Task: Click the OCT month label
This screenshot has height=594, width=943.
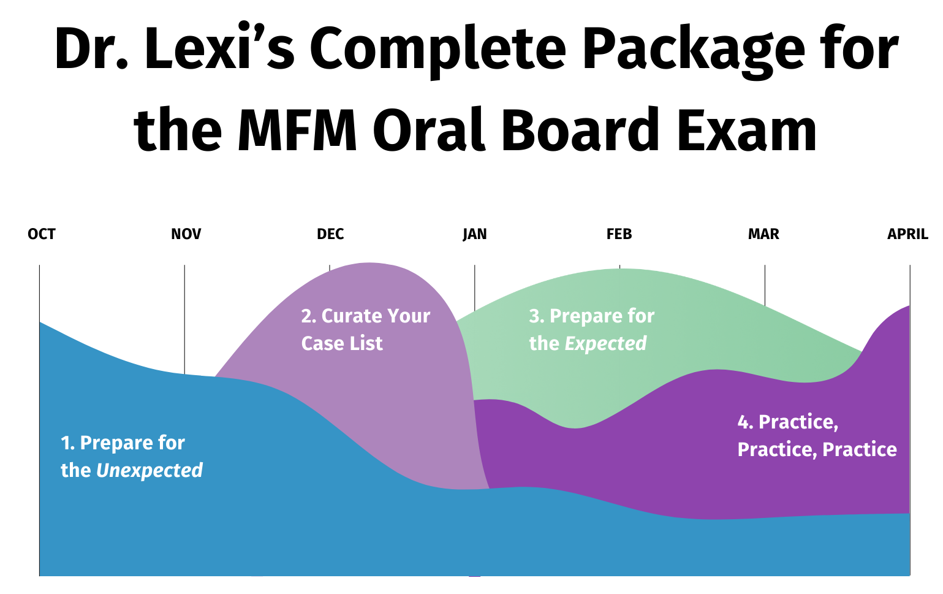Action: click(42, 234)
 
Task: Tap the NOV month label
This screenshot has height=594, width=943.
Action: click(186, 234)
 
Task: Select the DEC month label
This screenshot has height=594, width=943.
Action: click(330, 234)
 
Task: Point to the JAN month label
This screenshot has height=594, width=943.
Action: click(475, 234)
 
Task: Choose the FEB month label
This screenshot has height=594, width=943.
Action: click(619, 234)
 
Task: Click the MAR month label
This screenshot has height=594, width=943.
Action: click(763, 234)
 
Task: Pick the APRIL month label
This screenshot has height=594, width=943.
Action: click(907, 234)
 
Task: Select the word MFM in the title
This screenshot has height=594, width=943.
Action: click(298, 130)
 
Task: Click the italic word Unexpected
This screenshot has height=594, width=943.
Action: click(150, 470)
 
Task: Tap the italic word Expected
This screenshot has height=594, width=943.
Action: click(605, 344)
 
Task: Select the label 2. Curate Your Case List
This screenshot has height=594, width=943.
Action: click(365, 330)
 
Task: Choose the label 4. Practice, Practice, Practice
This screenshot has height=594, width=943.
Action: click(817, 436)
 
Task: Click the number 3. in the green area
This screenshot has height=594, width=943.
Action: click(536, 316)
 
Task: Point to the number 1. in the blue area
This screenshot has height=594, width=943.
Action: click(67, 443)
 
